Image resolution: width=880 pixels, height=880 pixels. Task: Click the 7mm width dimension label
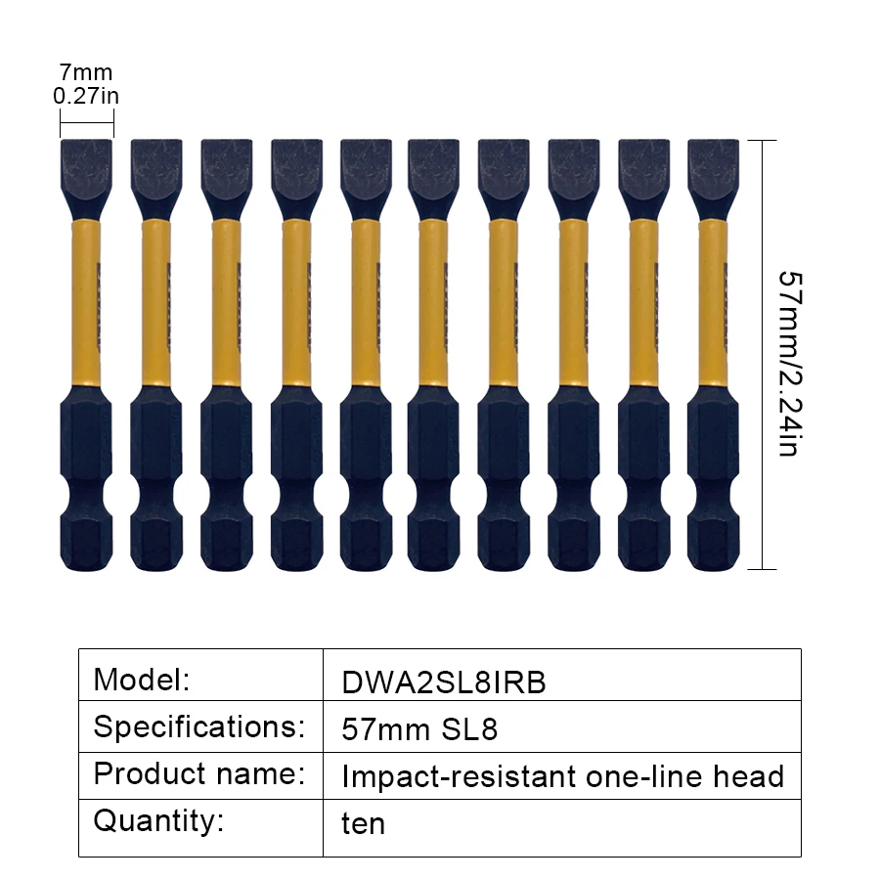[86, 72]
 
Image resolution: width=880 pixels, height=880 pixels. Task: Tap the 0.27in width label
[86, 95]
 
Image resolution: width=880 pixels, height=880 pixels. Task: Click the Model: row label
[142, 678]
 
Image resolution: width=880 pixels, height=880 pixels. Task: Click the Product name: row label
[198, 773]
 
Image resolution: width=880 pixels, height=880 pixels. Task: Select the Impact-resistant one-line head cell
[562, 776]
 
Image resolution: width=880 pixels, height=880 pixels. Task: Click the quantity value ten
[363, 823]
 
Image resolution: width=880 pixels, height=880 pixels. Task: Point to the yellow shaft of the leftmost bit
[86, 303]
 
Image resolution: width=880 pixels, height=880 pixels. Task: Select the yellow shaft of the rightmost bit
[714, 303]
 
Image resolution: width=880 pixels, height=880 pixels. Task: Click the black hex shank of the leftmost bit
[86, 479]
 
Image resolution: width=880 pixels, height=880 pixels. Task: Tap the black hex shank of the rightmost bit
[714, 479]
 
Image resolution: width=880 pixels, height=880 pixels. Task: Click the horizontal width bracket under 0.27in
[86, 122]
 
